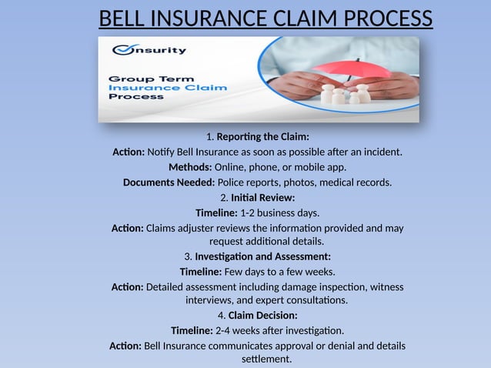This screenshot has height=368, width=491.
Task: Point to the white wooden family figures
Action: [346, 94]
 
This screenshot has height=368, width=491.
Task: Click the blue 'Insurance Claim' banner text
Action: [168, 88]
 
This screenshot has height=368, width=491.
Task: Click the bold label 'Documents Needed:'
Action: [169, 182]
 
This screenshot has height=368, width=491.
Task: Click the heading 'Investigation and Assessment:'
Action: [262, 256]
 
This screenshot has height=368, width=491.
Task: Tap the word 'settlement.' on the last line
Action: [267, 360]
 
